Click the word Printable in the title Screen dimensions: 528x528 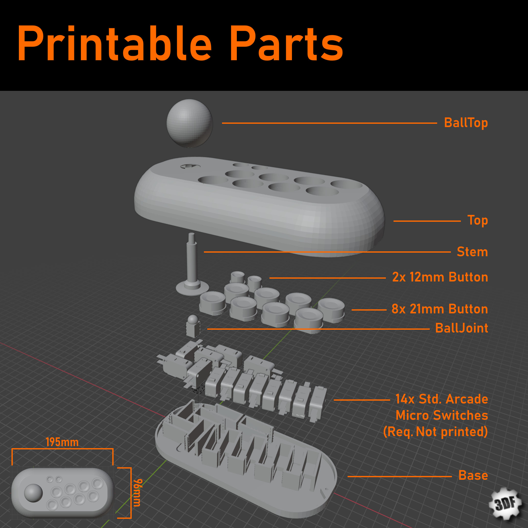pyautogui.click(x=115, y=44)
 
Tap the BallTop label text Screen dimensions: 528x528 pyautogui.click(x=466, y=123)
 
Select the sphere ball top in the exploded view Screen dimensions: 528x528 pyautogui.click(x=189, y=123)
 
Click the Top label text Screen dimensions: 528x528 pyautogui.click(x=477, y=220)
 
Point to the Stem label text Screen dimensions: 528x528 pyautogui.click(x=472, y=252)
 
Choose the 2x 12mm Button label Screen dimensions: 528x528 pyautogui.click(x=440, y=277)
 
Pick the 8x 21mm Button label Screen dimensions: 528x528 pyautogui.click(x=439, y=309)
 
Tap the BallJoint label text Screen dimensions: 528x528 pyautogui.click(x=461, y=328)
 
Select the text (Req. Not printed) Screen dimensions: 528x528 pyautogui.click(x=435, y=432)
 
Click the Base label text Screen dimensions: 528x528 pyautogui.click(x=473, y=475)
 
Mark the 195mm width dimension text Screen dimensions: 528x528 pyautogui.click(x=62, y=442)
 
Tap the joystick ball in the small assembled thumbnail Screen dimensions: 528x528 pyautogui.click(x=33, y=493)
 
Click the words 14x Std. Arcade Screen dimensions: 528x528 pyautogui.click(x=441, y=399)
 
